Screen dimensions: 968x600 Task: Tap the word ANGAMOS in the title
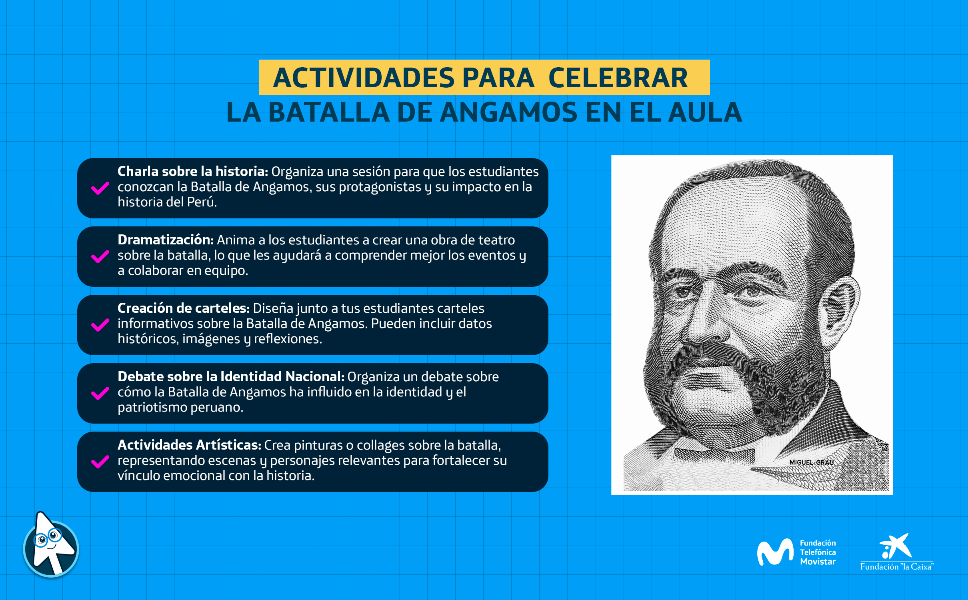[509, 112]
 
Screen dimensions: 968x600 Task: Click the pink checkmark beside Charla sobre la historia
[100, 188]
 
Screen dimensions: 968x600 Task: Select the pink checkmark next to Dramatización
[100, 256]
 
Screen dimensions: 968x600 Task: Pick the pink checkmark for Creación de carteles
[100, 325]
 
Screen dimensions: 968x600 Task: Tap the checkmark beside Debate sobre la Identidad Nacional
[100, 393]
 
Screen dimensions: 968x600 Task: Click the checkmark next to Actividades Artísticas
[100, 462]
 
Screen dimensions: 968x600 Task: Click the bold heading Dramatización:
[166, 240]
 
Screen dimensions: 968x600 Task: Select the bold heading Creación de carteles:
[184, 308]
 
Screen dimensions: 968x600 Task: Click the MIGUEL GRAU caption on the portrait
[812, 462]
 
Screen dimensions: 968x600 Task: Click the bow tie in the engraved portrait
[714, 454]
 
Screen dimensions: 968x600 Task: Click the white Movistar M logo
[775, 552]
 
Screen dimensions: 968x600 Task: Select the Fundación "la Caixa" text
[897, 566]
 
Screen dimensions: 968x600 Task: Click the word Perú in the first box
[202, 202]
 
